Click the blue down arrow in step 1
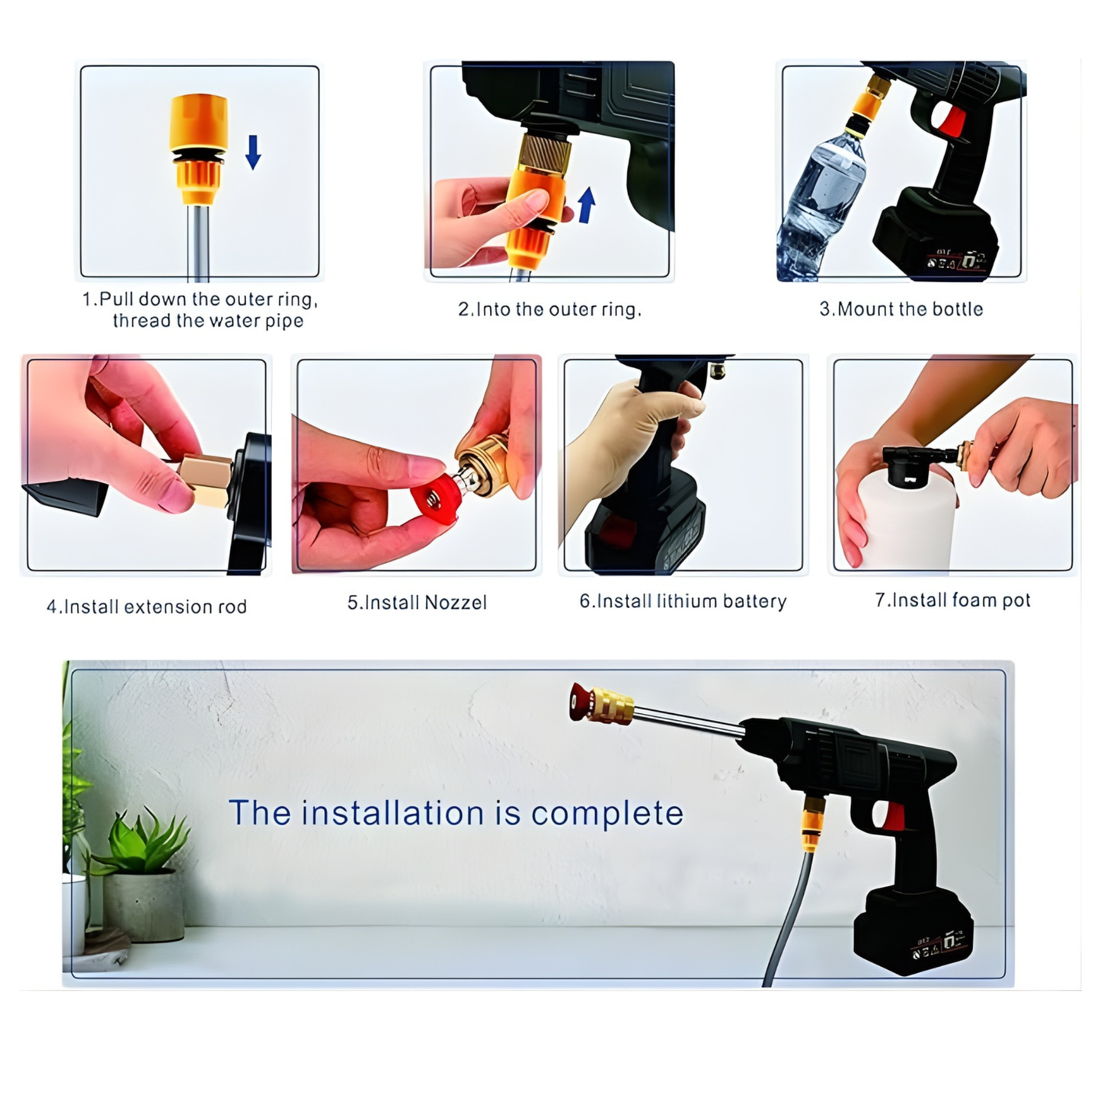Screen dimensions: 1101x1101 click(253, 152)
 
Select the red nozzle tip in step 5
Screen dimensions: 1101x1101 click(434, 502)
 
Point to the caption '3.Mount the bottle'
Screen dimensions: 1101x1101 click(901, 309)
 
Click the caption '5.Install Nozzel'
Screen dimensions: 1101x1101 click(417, 603)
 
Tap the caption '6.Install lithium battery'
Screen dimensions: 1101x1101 click(683, 601)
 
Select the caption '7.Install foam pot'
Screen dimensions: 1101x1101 click(952, 600)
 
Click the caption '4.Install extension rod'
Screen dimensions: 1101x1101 click(147, 607)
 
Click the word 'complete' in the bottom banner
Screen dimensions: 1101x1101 click(607, 814)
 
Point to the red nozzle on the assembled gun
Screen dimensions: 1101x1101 click(581, 702)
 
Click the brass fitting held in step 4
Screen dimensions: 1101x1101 click(206, 480)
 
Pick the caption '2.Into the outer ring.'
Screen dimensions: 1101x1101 click(549, 309)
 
